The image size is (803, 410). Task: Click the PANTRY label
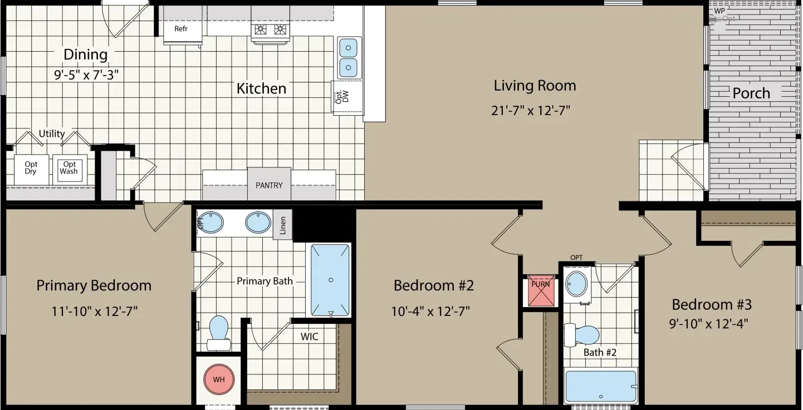pos(269,185)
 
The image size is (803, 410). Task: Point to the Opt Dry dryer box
pos(31,168)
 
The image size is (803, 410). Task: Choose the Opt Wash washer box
pos(69,168)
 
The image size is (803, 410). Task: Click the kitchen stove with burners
pos(270,31)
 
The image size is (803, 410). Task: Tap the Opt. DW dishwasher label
pos(341,97)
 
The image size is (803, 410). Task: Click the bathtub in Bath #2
pos(601,386)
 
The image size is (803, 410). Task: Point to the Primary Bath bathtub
pos(330,280)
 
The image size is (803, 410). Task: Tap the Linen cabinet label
pos(283,225)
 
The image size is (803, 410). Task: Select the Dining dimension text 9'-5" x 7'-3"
pos(86,75)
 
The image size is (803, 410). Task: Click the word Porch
pos(751,93)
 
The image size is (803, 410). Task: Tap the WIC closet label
pos(310,337)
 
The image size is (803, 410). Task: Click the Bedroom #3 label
pos(712,304)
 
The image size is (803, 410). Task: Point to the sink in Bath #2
pos(577,284)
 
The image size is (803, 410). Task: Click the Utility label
pos(52,134)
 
